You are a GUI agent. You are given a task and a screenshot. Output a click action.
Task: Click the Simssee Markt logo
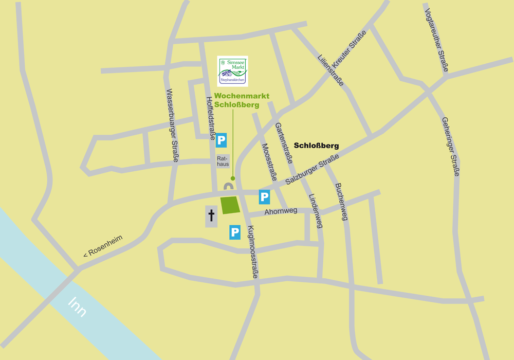(232, 71)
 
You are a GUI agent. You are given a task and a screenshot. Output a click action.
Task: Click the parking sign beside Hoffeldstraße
(221, 140)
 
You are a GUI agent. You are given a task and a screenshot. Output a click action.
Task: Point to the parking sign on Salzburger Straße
(264, 197)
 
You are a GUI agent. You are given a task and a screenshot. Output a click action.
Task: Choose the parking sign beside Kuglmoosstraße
(235, 232)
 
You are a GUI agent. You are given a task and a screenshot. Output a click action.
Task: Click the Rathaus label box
(223, 161)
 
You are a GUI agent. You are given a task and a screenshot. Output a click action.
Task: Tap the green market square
(230, 205)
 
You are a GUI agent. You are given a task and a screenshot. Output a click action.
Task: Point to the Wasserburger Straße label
(172, 126)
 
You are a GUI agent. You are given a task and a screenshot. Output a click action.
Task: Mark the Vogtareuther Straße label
(437, 39)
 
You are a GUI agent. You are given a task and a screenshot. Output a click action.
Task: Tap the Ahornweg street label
(281, 211)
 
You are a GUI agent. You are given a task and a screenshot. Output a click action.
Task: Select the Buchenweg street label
(341, 202)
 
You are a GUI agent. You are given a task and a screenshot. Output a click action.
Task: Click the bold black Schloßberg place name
(317, 146)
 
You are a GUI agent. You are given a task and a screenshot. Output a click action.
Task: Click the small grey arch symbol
(229, 186)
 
